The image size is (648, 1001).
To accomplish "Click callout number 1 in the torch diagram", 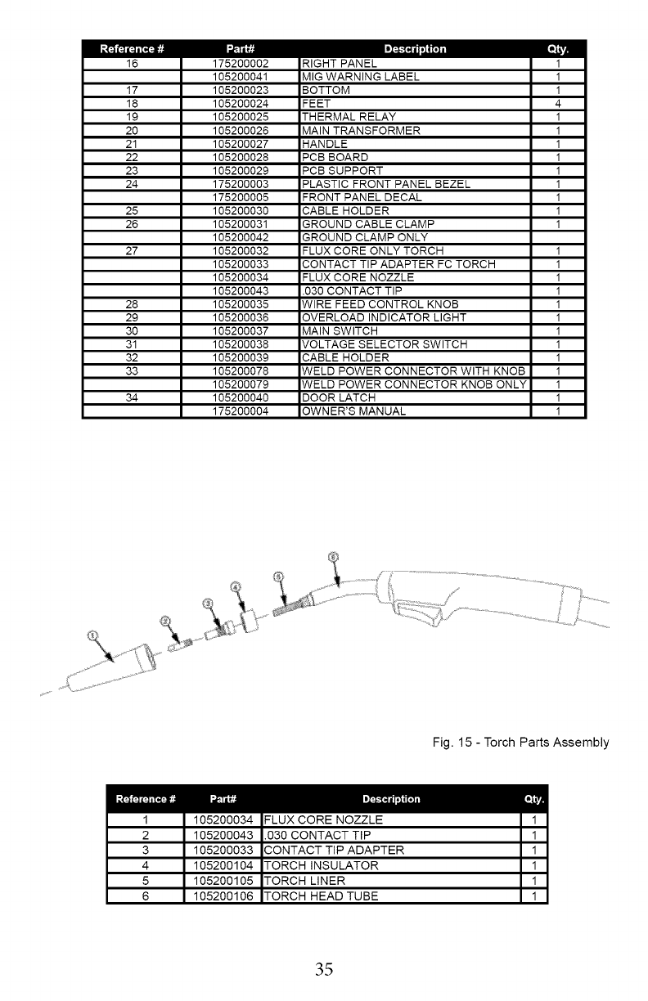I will coord(92,635).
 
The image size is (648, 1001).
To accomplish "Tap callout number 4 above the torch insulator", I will coord(236,587).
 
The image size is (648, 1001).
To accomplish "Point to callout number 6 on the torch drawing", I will coord(332,557).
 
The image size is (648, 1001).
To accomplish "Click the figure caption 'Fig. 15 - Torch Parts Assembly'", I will coord(521,743).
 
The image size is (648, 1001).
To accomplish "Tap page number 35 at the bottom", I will coord(324,970).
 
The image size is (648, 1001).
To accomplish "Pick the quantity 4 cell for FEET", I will coord(557,104).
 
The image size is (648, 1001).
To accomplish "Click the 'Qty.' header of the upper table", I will coord(557,49).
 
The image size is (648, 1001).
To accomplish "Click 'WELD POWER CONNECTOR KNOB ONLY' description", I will coord(412,384).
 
